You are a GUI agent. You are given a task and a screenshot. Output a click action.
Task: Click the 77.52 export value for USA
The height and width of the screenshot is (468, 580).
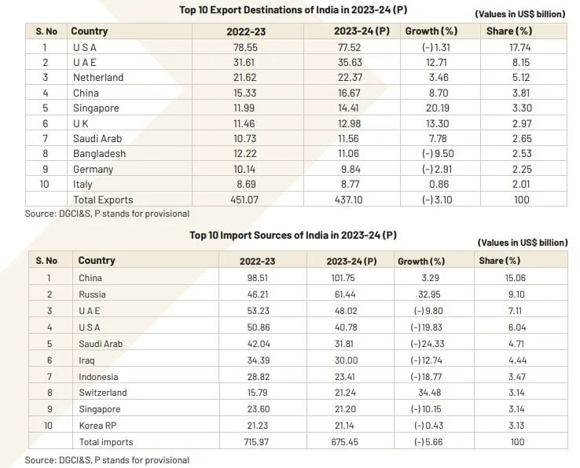(351, 47)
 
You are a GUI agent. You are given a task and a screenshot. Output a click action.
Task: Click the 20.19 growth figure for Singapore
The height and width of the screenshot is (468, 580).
(431, 108)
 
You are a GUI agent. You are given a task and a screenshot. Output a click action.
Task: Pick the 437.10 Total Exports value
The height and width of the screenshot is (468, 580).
(351, 200)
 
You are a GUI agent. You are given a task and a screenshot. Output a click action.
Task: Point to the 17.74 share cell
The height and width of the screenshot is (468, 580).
(515, 47)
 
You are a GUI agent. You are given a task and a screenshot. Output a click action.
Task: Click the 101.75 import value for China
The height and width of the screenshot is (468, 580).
(343, 277)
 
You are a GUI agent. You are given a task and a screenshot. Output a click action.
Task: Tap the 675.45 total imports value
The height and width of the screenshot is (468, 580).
(343, 442)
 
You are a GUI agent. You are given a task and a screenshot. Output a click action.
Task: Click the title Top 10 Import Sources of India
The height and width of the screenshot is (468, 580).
(292, 235)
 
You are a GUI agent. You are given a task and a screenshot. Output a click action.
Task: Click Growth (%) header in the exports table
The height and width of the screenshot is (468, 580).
(431, 31)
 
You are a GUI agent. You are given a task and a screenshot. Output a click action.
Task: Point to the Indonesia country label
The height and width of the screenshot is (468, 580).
(99, 376)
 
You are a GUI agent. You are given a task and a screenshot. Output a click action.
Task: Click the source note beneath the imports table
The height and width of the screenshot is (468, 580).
(107, 460)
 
